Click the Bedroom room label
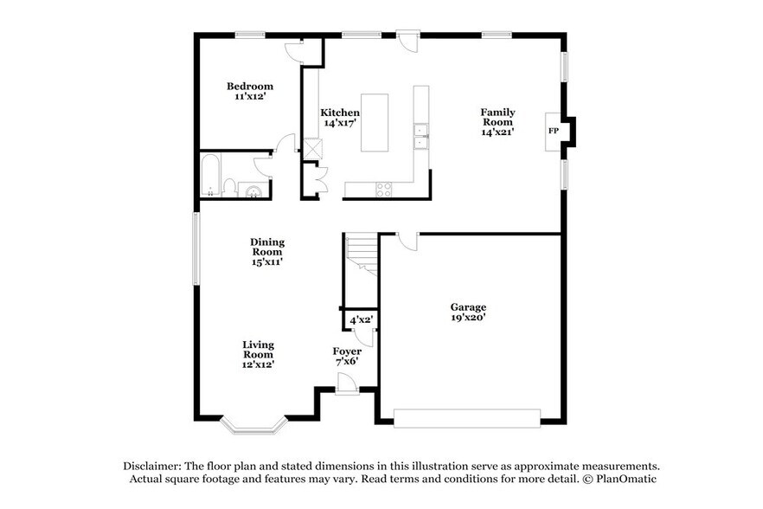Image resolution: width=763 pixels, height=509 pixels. [250, 86]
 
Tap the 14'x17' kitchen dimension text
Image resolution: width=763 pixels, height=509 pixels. [340, 124]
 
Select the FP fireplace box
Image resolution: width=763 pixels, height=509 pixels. [552, 132]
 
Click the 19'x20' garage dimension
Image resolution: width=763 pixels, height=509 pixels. [468, 318]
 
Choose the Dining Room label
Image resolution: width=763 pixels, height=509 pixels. [267, 247]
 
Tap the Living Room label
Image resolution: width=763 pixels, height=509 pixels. [258, 349]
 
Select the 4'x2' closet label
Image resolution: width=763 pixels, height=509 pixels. [361, 320]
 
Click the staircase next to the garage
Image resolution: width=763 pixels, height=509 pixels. [361, 254]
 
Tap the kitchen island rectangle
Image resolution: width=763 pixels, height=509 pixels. [374, 122]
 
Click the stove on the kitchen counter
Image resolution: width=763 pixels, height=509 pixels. [384, 186]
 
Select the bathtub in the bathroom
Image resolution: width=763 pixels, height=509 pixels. [210, 177]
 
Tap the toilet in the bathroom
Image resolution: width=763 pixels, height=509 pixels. [229, 186]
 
